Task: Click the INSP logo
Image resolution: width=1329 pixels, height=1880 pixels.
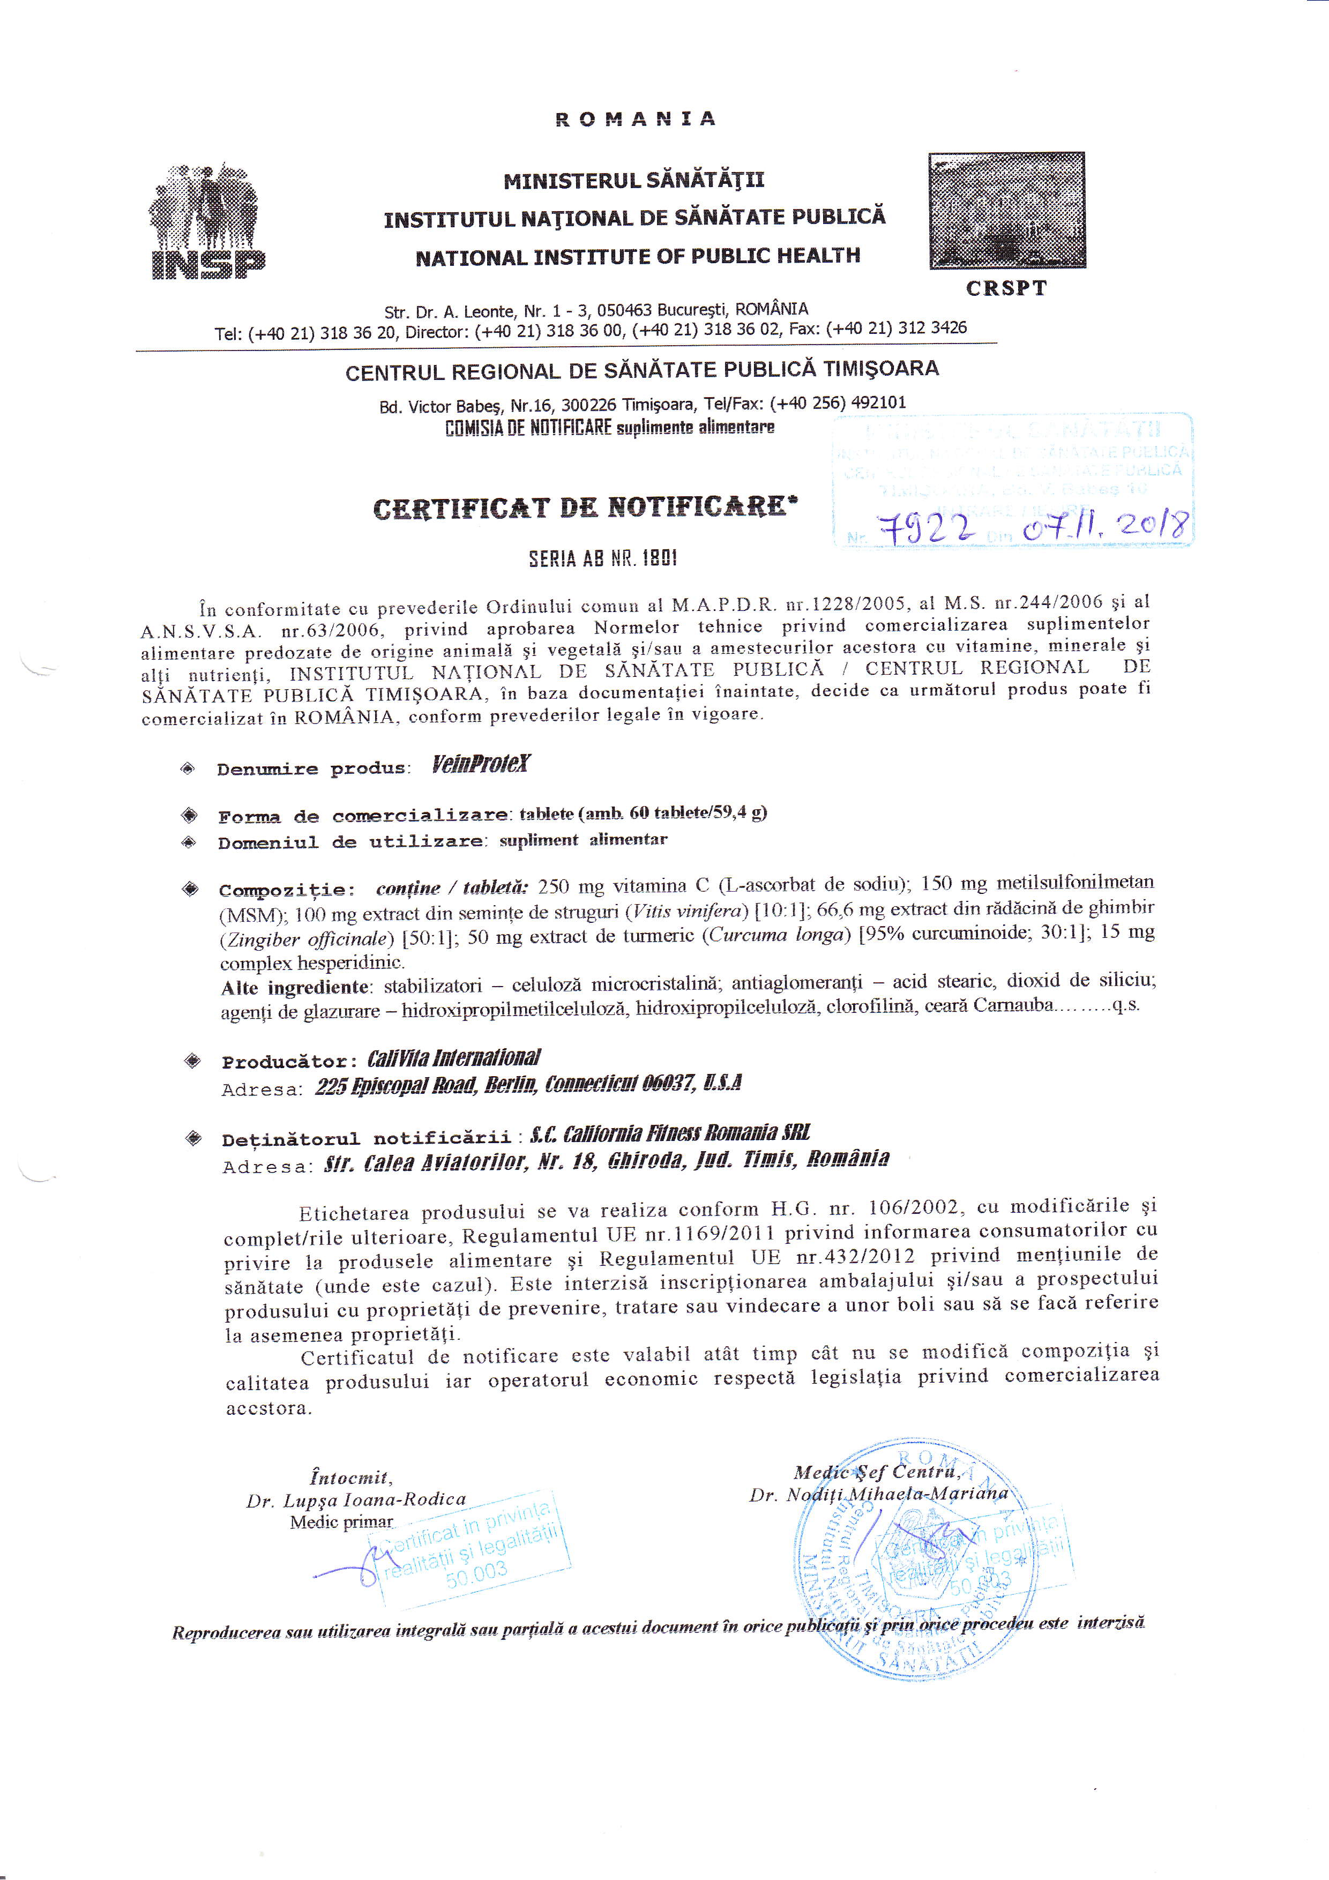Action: [x=208, y=223]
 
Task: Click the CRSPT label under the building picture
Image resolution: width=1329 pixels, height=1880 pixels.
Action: [x=1006, y=288]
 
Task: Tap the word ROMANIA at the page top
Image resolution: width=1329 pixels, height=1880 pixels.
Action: [x=636, y=120]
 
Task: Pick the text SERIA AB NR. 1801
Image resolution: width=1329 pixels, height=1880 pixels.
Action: [x=603, y=559]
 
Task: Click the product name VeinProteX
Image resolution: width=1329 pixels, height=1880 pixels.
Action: [x=481, y=765]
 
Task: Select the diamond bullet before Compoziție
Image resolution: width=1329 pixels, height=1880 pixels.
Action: [x=191, y=889]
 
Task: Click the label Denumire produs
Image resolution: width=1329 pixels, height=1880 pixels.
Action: [x=312, y=769]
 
